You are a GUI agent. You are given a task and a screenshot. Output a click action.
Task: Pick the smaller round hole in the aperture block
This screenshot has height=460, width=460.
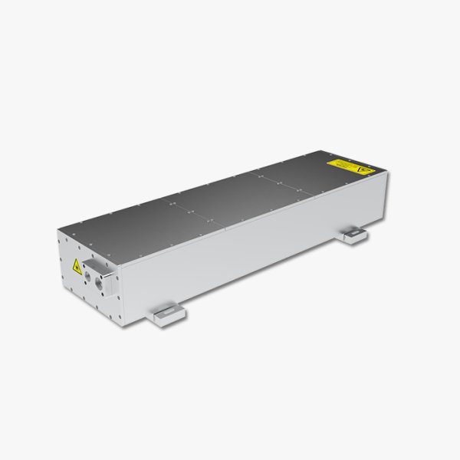pos(90,272)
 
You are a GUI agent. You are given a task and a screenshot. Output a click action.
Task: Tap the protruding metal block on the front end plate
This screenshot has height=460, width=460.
pos(99,278)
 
